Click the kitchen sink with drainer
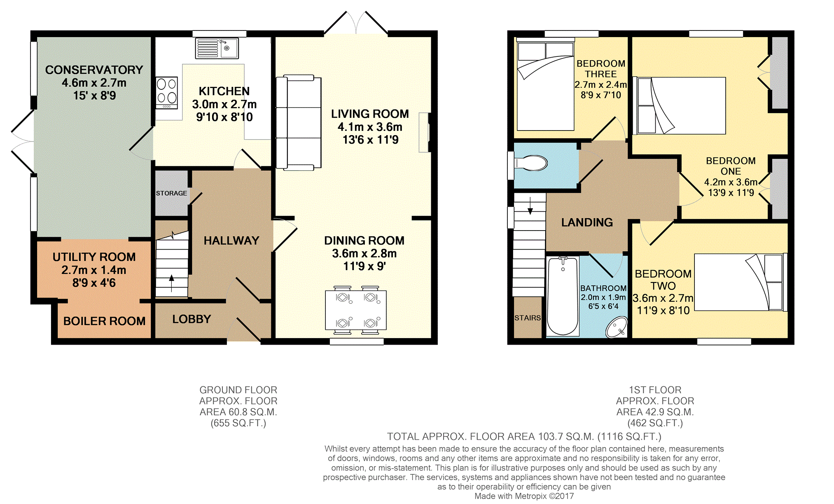tap(217, 48)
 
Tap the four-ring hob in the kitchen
tap(166, 93)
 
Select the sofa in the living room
tap(298, 123)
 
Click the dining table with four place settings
tap(356, 310)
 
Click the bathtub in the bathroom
tap(562, 295)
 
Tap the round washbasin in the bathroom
tap(617, 327)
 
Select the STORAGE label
tap(171, 193)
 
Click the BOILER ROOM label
tap(104, 321)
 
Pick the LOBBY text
tap(192, 319)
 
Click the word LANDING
tap(587, 222)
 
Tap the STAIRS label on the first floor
tap(527, 318)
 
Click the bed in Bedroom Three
tap(545, 86)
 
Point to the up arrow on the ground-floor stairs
tap(171, 283)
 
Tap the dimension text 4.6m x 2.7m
tap(94, 83)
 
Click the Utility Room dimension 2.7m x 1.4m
tap(94, 270)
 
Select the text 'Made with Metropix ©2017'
tap(524, 496)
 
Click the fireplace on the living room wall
tap(424, 133)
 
